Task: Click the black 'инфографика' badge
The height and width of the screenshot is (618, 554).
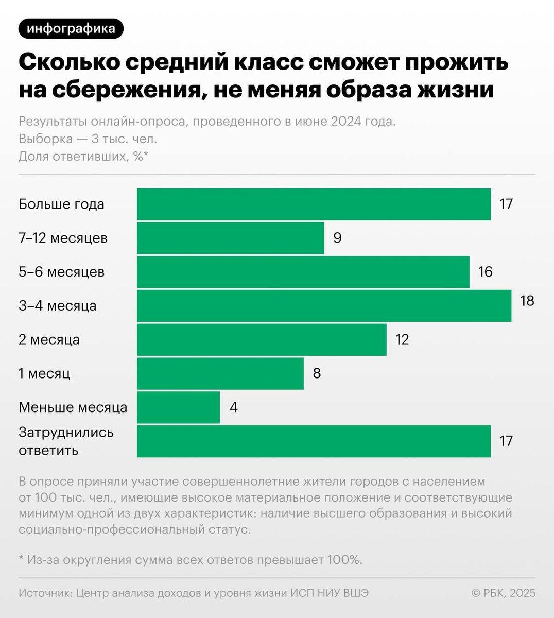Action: point(71,29)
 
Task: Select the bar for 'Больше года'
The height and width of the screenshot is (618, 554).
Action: point(314,204)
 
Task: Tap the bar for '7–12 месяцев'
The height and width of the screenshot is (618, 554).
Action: point(230,238)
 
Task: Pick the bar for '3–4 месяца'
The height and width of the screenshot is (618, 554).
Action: point(324,306)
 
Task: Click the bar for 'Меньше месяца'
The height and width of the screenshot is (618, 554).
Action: point(178,407)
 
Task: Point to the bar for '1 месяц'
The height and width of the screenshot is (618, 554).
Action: point(220,373)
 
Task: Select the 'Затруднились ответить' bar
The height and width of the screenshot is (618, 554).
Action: point(314,441)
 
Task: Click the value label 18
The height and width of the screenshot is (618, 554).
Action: point(527,300)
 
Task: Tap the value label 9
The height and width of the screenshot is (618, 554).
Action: point(337,238)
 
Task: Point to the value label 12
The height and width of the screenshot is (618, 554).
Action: point(402,339)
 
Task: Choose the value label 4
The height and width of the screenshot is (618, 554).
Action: point(234,407)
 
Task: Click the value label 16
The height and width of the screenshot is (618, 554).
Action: point(485,271)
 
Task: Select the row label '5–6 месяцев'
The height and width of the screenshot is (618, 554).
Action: point(62,271)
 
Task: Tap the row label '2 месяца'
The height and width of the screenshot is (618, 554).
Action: point(49,340)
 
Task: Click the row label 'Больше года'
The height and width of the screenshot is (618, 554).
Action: point(61,204)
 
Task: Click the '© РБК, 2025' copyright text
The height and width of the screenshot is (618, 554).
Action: point(504,593)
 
